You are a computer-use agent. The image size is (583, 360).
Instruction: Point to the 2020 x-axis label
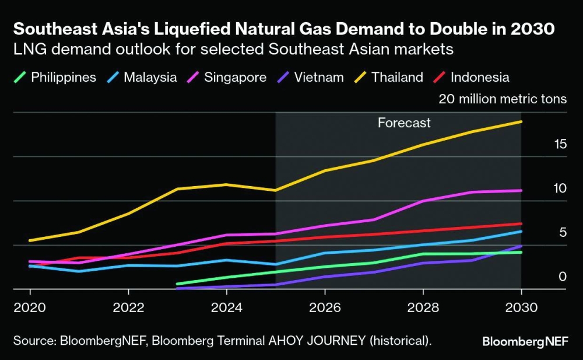30,307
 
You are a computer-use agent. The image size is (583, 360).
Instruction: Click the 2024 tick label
226,307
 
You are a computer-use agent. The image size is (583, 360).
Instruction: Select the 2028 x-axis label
423,307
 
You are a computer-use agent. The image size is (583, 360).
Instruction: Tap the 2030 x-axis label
521,307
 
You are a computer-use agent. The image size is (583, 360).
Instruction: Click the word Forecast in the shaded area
404,123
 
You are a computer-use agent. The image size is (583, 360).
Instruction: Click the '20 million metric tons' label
503,99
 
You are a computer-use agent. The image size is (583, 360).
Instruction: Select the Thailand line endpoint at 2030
521,121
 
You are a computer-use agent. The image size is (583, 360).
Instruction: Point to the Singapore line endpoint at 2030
521,190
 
